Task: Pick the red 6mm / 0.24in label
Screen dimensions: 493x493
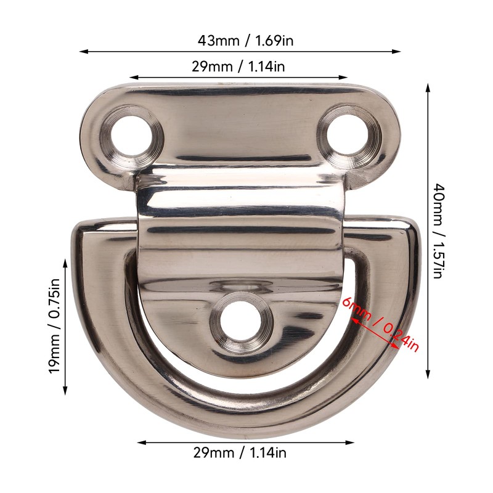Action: click(x=381, y=325)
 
